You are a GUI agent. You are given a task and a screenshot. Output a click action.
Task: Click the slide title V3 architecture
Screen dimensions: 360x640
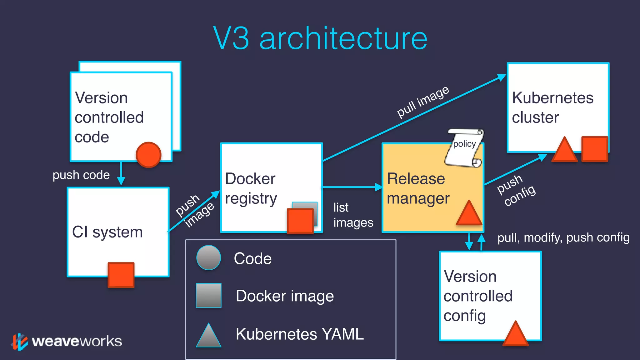pos(320,38)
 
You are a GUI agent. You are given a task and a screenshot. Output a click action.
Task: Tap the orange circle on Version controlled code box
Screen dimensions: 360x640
pos(149,155)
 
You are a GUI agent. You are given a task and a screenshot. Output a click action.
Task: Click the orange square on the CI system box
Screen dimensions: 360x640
pos(121,275)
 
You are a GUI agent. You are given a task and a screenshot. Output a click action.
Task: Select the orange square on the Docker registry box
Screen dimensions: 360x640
pos(300,221)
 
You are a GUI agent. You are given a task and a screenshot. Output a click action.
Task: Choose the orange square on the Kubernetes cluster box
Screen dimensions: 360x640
pos(594,149)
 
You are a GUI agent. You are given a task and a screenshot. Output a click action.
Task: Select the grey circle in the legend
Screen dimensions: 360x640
pos(208,258)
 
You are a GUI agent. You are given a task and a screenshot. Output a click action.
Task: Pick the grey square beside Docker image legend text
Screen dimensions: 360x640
pos(208,296)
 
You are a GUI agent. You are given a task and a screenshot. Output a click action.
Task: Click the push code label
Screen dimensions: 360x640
pos(81,175)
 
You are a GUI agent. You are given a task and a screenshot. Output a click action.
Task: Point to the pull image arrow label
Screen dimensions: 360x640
pos(422,102)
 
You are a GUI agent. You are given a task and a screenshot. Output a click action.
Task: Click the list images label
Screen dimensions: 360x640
pos(353,215)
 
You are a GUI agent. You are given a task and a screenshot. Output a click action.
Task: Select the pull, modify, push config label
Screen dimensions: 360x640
pos(563,237)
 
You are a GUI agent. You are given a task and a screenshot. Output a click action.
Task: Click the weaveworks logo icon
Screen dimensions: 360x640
pos(19,342)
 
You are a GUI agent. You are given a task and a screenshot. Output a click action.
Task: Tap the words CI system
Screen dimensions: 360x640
pos(107,232)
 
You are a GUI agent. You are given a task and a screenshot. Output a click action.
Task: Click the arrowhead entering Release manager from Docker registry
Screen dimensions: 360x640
pos(378,187)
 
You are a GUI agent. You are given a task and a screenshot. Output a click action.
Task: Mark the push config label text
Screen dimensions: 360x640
pos(516,191)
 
